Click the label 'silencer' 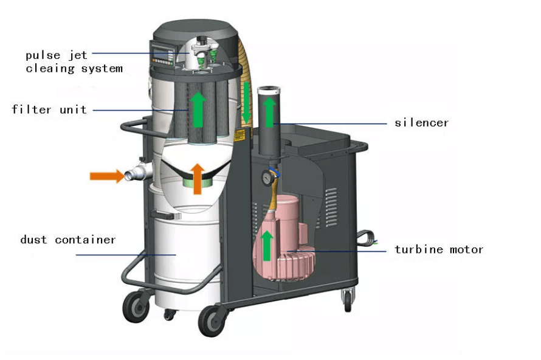421,122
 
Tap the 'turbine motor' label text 438,249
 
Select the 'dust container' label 67,239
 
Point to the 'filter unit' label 49,109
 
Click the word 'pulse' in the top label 43,55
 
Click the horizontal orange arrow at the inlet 107,176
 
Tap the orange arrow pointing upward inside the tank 198,179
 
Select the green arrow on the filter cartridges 198,109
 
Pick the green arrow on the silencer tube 269,112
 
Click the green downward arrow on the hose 246,103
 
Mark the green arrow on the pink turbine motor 266,246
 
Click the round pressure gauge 267,178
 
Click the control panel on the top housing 162,52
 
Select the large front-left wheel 136,306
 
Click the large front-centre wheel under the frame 212,320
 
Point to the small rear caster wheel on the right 348,300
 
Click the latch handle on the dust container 166,215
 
